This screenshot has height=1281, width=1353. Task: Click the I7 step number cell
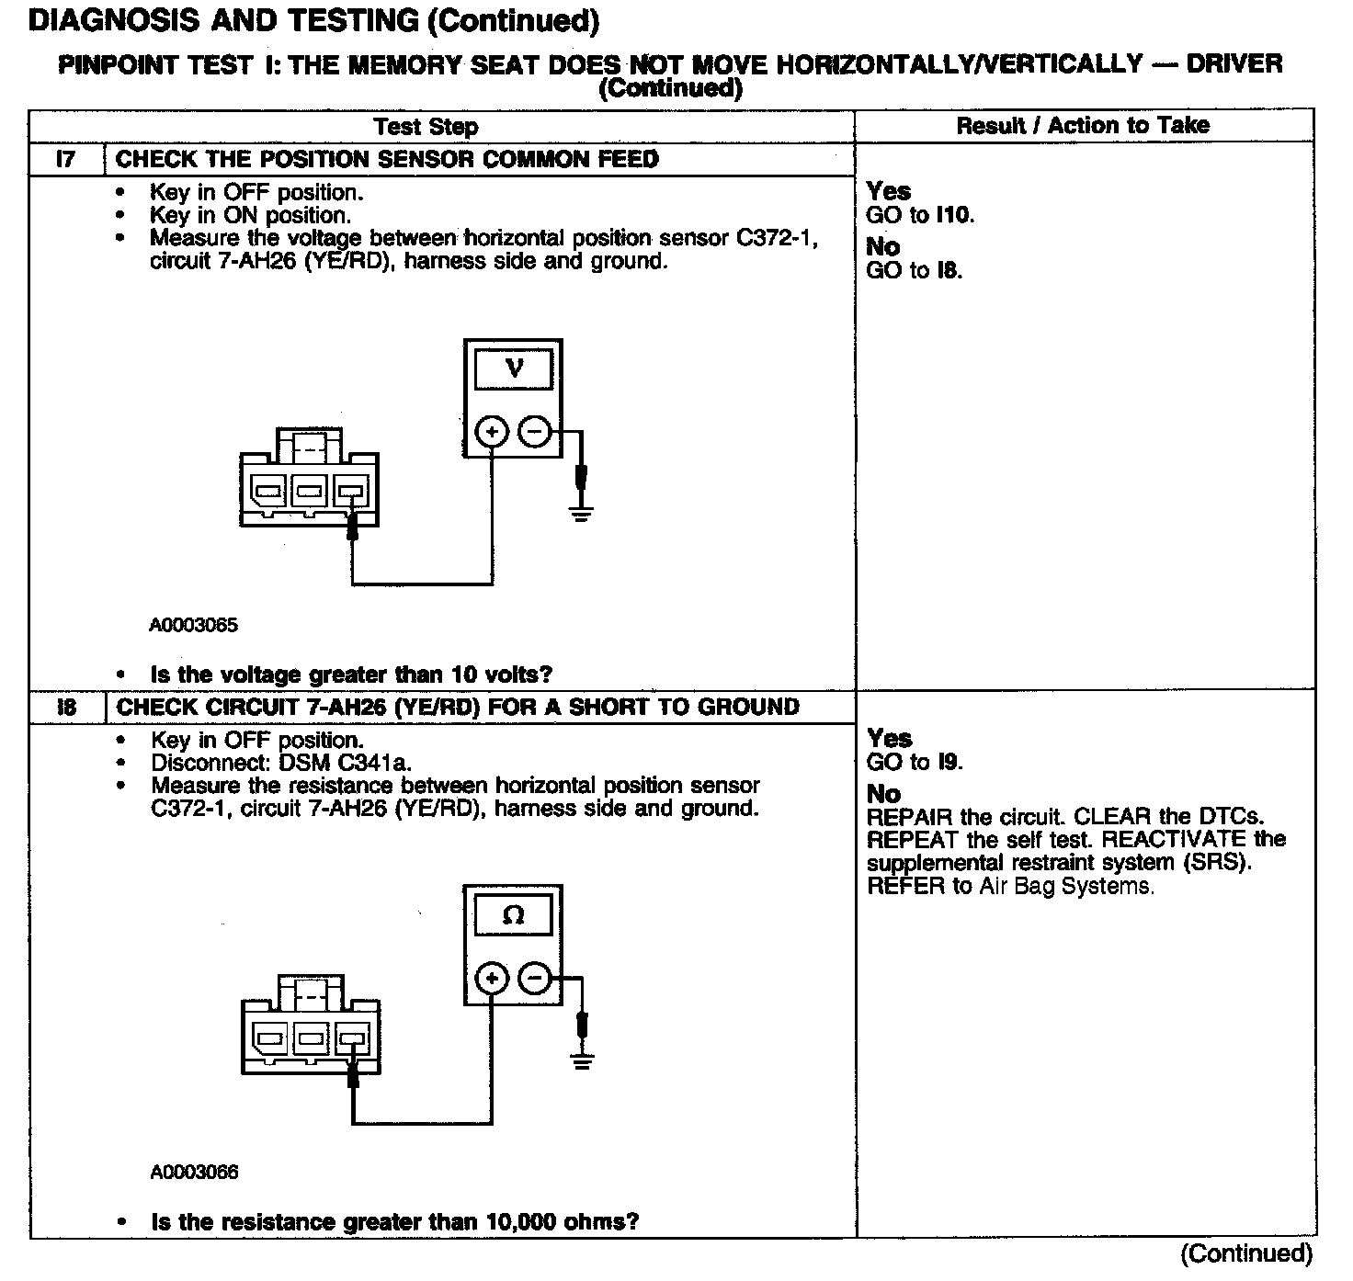[x=66, y=159]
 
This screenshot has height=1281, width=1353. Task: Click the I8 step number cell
[x=66, y=707]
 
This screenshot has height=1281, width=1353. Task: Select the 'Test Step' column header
[x=426, y=127]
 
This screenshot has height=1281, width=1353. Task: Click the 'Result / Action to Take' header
[x=1083, y=126]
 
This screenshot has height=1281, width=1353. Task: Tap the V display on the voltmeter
[x=514, y=369]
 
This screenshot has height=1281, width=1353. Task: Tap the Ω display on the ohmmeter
[x=514, y=915]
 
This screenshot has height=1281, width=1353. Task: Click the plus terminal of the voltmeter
[x=493, y=431]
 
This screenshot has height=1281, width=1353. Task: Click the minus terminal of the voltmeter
[x=534, y=431]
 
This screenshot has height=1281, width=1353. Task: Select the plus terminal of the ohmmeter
[x=493, y=978]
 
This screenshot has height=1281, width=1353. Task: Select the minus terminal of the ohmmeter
[x=535, y=978]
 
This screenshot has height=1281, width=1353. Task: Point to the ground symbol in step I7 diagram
[x=581, y=512]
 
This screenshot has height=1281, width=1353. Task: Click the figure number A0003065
[x=193, y=625]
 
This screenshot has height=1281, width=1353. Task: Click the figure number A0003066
[x=194, y=1172]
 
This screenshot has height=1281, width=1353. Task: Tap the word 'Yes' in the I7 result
[x=889, y=191]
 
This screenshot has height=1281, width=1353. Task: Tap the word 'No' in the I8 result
[x=883, y=794]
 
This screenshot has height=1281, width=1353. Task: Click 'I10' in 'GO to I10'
[x=953, y=216]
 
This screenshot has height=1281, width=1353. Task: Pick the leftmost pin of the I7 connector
[x=268, y=491]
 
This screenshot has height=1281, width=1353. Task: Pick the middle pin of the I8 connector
[x=310, y=1038]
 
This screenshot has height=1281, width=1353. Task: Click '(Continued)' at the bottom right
[x=1246, y=1253]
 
